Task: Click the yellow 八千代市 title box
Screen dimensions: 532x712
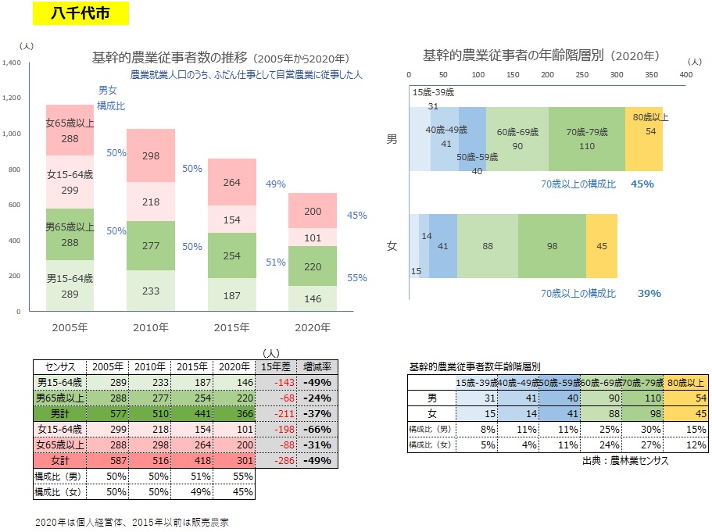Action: [x=81, y=13]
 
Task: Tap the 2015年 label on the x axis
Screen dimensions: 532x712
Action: [x=232, y=327]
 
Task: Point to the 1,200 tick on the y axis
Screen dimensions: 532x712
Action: [x=15, y=98]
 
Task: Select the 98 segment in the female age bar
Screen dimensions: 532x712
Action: [x=552, y=246]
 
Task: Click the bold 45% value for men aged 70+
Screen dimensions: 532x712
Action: [x=642, y=184]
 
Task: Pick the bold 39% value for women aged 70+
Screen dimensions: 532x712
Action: [x=649, y=294]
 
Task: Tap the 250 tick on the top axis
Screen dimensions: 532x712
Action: [x=582, y=74]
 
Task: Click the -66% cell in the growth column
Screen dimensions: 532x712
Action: [x=319, y=429]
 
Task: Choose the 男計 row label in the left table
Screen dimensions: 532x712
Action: [x=60, y=413]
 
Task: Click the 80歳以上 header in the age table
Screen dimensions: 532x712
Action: [x=685, y=383]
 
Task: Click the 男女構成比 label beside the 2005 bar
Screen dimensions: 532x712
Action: [x=108, y=98]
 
